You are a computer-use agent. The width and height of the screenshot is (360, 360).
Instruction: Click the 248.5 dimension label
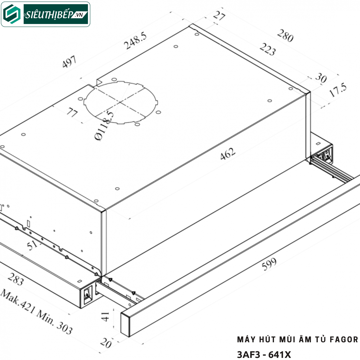click(135, 40)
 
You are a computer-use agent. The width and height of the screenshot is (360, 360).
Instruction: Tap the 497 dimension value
click(69, 61)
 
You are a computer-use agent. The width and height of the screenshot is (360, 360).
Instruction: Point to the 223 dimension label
click(268, 49)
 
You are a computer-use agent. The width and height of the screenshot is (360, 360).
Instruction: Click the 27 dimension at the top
click(219, 16)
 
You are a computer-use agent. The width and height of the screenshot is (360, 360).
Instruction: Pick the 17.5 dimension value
click(338, 90)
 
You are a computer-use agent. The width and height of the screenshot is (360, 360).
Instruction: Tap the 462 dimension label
click(227, 154)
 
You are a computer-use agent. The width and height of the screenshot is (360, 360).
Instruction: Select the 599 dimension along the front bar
click(269, 264)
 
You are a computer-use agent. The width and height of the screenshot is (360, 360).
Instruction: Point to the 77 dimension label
click(72, 112)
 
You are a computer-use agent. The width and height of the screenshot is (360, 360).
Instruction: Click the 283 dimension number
click(16, 279)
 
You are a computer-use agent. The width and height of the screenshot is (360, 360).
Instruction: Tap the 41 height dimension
click(106, 316)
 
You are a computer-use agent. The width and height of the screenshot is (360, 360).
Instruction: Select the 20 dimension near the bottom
click(106, 343)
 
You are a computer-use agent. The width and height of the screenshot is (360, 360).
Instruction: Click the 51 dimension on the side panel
click(32, 245)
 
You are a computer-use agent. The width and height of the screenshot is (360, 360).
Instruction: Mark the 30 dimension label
click(321, 78)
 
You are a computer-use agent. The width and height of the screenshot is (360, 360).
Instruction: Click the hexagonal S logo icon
click(12, 14)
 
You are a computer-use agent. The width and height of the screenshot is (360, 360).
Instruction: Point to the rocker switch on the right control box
click(327, 154)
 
